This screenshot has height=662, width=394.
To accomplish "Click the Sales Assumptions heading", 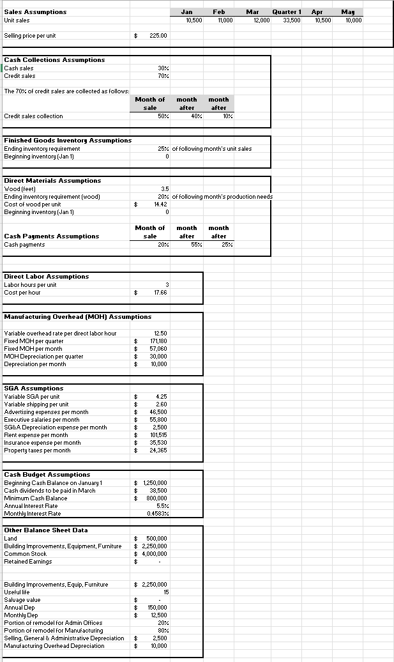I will click(35, 12).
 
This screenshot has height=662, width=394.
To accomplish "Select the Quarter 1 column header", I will click(286, 12).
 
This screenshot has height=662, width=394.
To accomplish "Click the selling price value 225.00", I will click(158, 36).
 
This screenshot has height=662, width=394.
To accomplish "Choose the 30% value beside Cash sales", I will click(162, 68).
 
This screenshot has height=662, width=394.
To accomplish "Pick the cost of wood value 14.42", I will click(160, 204).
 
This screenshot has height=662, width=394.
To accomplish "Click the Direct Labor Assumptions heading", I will click(47, 276).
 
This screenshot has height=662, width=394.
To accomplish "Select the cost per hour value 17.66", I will click(160, 292).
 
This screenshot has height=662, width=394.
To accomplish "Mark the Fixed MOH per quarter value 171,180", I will click(157, 341).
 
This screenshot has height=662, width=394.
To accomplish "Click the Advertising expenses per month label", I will click(46, 412).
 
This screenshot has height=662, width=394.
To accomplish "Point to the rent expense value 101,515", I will click(157, 435).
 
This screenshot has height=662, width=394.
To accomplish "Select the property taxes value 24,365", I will click(157, 450).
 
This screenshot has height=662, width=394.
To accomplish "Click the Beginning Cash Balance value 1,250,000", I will click(155, 482).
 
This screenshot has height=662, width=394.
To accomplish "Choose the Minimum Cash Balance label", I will click(36, 498).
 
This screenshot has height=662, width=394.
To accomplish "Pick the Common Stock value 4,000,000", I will click(155, 553).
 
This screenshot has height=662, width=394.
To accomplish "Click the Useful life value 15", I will click(164, 592).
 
